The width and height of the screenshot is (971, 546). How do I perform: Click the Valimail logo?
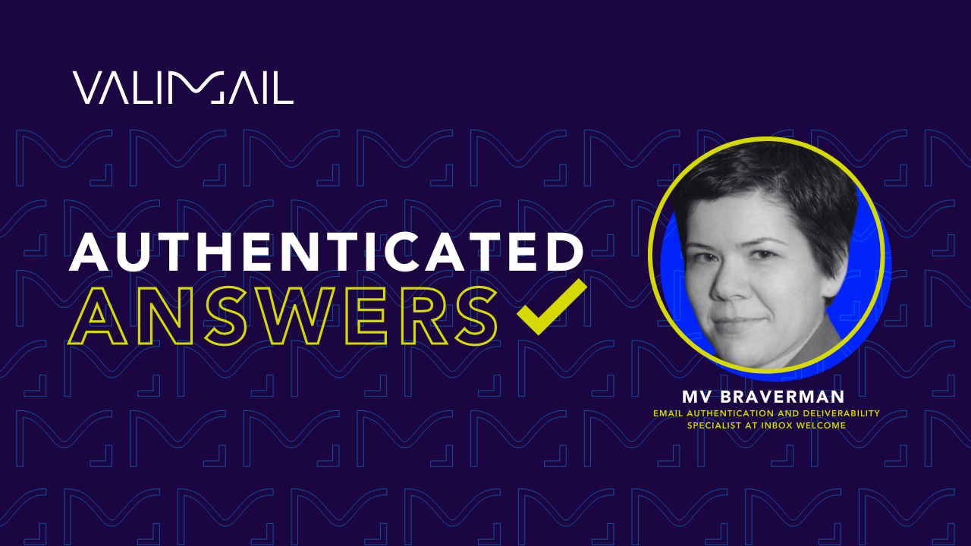(x=183, y=87)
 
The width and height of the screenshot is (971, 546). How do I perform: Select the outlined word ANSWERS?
(x=283, y=318)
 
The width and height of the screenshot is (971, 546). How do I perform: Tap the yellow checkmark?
(x=551, y=307)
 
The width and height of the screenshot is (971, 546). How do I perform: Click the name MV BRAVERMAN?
(x=763, y=397)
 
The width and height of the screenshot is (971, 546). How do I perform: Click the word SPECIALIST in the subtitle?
(x=715, y=425)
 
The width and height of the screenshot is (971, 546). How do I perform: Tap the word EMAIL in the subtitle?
(x=667, y=413)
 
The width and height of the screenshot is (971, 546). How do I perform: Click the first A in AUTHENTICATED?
(x=91, y=252)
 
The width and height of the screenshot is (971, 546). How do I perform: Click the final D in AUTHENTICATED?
(x=564, y=252)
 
